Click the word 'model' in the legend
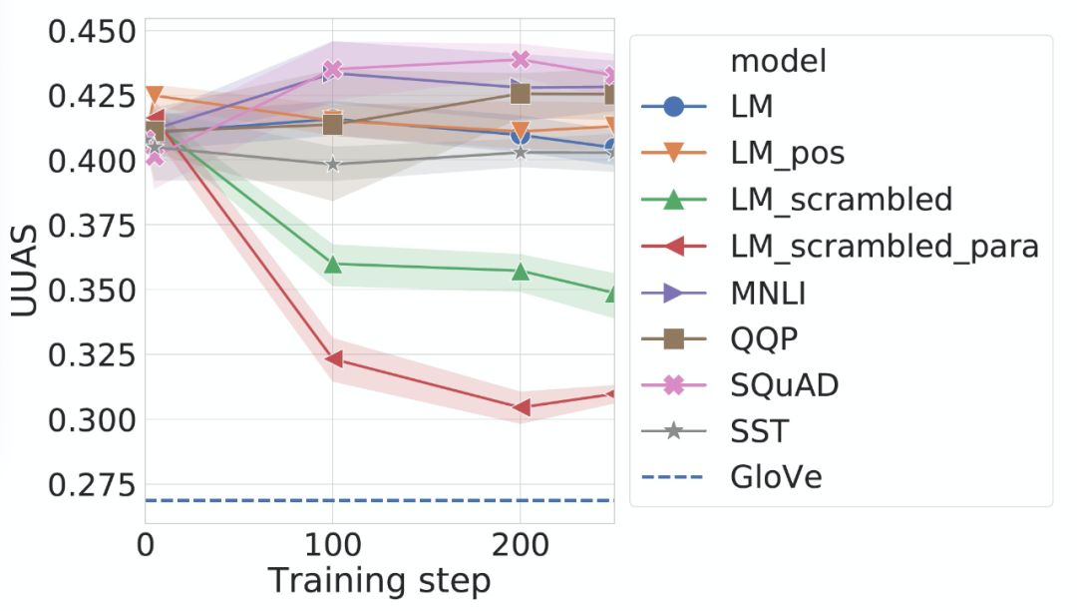pyautogui.click(x=779, y=61)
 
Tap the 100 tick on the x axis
pyautogui.click(x=331, y=546)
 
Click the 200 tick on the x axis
pyautogui.click(x=519, y=546)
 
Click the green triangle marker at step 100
pyautogui.click(x=333, y=265)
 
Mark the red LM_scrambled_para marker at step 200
pyautogui.click(x=520, y=407)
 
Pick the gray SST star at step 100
pyautogui.click(x=333, y=164)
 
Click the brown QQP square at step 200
pyautogui.click(x=520, y=93)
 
